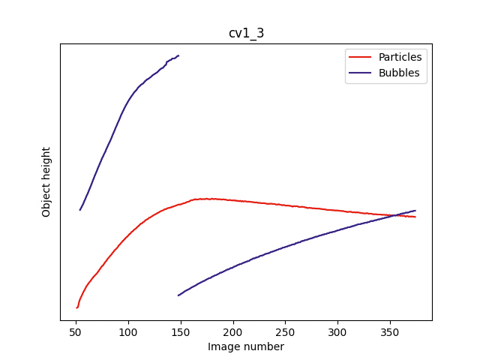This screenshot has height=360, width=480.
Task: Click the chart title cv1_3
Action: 246,33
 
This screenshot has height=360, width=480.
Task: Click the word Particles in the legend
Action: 400,57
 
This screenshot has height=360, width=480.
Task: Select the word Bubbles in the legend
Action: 398,73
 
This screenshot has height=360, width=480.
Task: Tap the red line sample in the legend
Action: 361,58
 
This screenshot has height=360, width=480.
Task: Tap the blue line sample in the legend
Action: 361,73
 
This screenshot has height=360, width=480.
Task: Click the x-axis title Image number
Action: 246,346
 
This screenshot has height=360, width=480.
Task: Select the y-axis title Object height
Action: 46,181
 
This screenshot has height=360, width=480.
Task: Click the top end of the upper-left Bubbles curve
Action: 178,55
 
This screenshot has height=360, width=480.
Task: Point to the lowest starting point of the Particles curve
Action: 76,307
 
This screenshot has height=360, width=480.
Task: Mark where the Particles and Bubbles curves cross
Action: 394,215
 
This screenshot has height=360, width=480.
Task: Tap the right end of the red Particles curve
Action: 415,217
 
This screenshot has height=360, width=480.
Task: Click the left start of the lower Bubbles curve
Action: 178,295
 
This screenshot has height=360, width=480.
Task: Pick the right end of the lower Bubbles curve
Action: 415,211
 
